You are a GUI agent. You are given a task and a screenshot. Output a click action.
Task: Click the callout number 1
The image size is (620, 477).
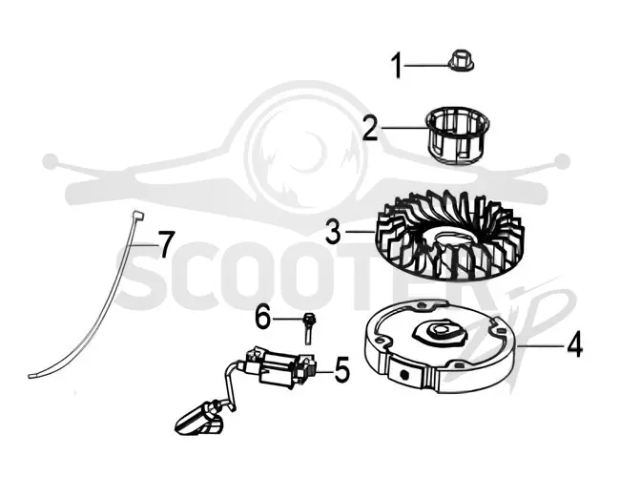pyautogui.click(x=397, y=66)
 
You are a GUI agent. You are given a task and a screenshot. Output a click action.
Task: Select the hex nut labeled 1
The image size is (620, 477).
pyautogui.click(x=462, y=65)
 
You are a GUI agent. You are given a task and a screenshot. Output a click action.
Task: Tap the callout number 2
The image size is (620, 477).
pyautogui.click(x=370, y=129)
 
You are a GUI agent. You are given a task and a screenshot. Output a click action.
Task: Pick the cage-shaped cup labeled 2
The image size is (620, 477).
pyautogui.click(x=458, y=135)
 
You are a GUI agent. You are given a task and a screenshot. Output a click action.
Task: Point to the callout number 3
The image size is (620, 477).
pyautogui.click(x=333, y=232)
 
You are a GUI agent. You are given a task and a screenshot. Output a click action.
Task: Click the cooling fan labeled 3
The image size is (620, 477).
pyautogui.click(x=448, y=236)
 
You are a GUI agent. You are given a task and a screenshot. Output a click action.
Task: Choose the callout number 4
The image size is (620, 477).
pyautogui.click(x=574, y=345)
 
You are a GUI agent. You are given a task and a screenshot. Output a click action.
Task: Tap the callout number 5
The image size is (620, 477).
pyautogui.click(x=342, y=370)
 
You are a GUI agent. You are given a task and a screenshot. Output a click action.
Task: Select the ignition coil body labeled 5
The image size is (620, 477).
pyautogui.click(x=279, y=367)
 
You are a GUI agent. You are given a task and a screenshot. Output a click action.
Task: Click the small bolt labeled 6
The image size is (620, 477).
pyautogui.click(x=307, y=329)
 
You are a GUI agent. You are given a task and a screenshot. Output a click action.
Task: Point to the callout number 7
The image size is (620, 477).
pyautogui.click(x=166, y=244)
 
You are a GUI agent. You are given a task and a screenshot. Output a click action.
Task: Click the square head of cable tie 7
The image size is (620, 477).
pyautogui.click(x=138, y=216)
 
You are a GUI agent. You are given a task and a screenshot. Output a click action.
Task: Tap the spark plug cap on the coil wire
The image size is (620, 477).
pyautogui.click(x=199, y=420)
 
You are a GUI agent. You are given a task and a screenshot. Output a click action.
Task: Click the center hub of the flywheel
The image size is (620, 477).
pyautogui.click(x=439, y=332)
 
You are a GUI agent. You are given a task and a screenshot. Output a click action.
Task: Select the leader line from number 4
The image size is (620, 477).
pyautogui.click(x=541, y=345)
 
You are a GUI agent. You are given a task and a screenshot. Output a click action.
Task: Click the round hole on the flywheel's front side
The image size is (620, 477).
pyautogui.click(x=403, y=374)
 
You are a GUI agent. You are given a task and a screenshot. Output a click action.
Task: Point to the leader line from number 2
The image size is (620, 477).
pyautogui.click(x=403, y=127)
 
